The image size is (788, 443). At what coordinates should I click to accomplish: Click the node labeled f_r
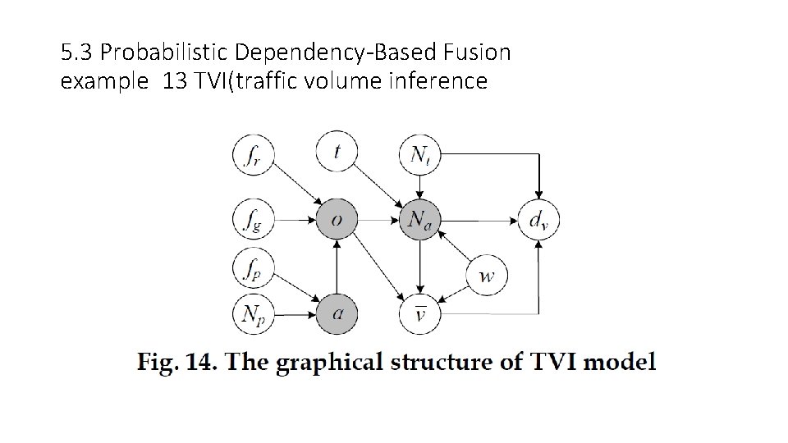point(253,153)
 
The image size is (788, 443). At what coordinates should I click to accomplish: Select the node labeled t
point(337,152)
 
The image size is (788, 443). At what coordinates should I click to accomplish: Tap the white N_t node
point(419,153)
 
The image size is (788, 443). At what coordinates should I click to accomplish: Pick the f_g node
point(253,220)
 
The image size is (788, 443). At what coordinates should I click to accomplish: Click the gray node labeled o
point(337,220)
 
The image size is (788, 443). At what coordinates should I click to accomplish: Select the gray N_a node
point(419,220)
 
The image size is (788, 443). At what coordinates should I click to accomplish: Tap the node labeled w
point(487,275)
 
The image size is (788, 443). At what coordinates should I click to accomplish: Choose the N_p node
point(253,313)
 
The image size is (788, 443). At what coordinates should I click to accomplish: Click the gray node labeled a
point(337,313)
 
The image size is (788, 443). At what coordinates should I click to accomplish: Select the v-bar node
point(419,313)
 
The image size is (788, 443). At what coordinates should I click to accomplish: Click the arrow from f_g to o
point(295,220)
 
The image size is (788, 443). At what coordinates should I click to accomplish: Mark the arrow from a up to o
point(337,267)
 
